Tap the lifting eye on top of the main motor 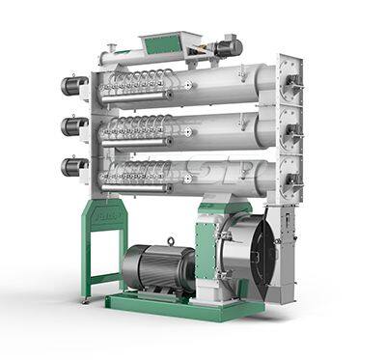coord(170,241)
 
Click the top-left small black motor coord(73,86)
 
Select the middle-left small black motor coord(73,126)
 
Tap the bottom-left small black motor coord(73,167)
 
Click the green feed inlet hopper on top coord(163,42)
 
